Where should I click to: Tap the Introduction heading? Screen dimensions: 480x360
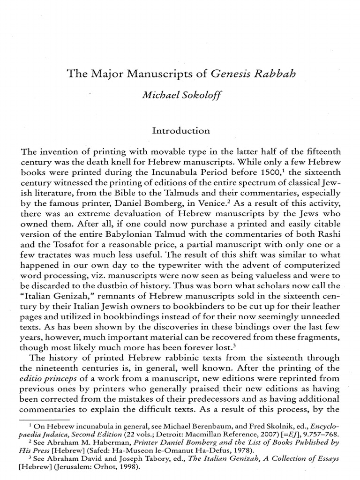click(181, 131)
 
